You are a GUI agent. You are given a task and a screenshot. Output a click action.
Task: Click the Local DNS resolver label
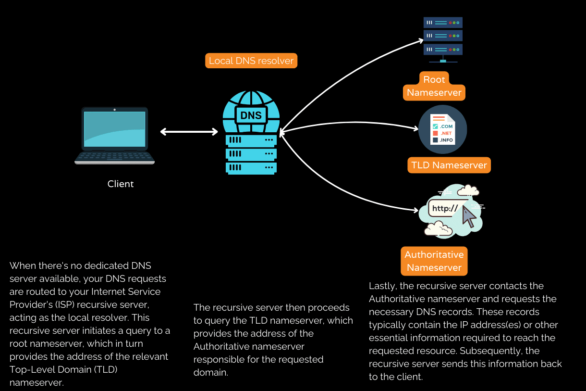coord(251,61)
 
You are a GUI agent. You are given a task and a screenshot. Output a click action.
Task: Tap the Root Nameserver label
coord(434,86)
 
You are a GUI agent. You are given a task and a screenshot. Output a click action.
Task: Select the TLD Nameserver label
coord(449,165)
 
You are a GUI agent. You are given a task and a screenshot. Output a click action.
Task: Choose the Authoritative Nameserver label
coord(434,261)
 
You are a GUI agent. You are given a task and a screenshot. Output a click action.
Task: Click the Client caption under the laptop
coord(121,184)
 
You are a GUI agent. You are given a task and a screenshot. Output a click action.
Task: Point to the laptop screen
coord(114,128)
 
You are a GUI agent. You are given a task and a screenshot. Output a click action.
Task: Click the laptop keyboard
coord(114,157)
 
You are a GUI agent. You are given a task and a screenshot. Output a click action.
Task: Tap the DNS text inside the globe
coord(251,115)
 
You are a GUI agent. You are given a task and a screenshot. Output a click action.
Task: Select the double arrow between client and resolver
coord(189,132)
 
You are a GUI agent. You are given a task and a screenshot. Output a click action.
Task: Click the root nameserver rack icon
coord(443,36)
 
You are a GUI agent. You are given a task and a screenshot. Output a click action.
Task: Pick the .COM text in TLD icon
coord(446,126)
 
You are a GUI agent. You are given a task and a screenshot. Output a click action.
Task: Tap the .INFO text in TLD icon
coord(446,140)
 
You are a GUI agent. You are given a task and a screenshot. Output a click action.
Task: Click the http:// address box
coord(445,209)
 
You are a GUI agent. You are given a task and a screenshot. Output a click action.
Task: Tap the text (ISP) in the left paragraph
coord(62,304)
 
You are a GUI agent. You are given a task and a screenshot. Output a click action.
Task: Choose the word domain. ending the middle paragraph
coord(209,372)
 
